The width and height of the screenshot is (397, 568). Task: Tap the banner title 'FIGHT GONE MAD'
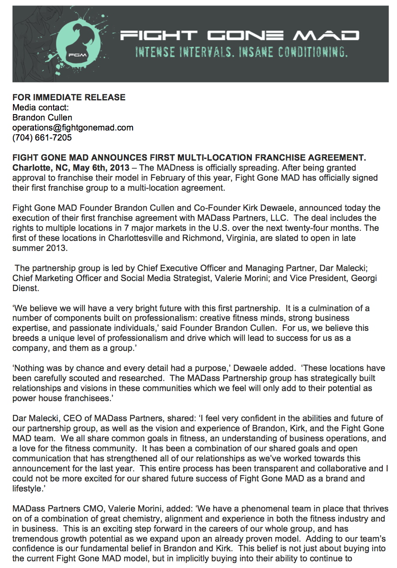coord(239,35)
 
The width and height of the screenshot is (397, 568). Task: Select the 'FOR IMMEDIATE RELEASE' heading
coord(69,97)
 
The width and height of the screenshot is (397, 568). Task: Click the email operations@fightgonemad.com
coord(73,128)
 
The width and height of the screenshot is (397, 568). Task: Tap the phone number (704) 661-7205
coord(42,138)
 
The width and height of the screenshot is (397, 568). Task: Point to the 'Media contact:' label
coord(41,107)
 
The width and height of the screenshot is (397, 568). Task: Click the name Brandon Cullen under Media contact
coord(42,118)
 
